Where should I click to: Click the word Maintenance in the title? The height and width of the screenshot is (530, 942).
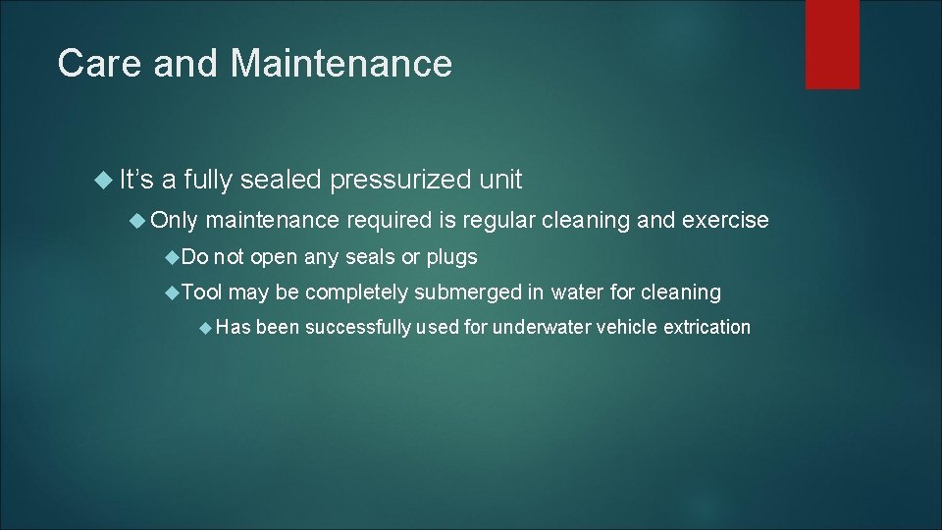point(341,64)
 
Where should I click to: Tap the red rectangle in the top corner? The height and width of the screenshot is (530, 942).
point(832,43)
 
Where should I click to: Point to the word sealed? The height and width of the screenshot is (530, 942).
point(280,180)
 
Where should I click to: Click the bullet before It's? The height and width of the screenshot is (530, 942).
point(107,181)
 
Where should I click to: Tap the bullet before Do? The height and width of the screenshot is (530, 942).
point(173,258)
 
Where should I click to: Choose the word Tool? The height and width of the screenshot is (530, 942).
point(202,291)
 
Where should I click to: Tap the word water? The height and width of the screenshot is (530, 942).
point(578,291)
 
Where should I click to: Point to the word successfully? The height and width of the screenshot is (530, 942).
point(358,327)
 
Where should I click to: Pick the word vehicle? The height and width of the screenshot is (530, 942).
point(628,327)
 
